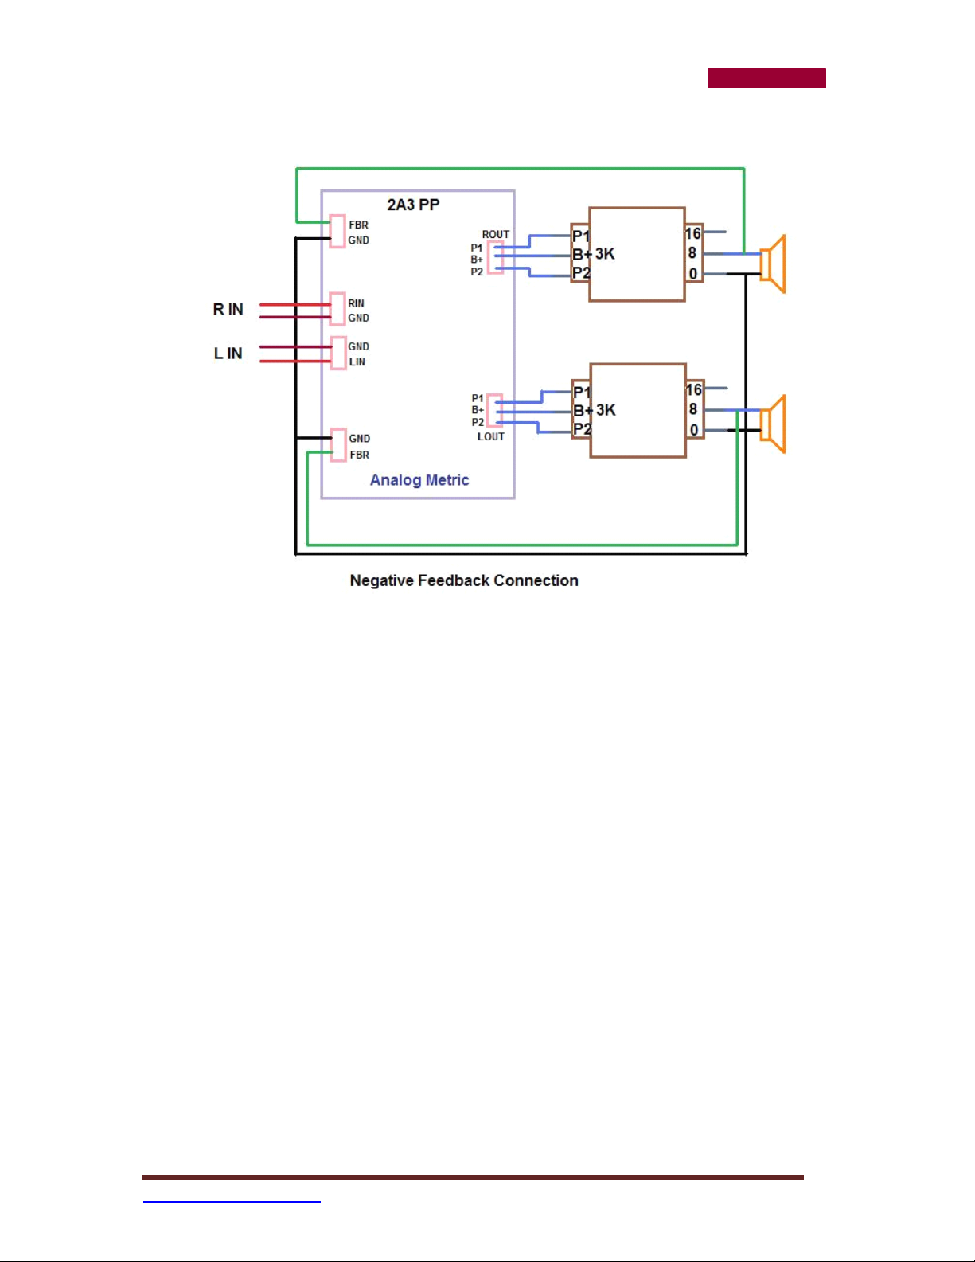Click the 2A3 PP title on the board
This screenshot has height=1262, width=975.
pos(413,205)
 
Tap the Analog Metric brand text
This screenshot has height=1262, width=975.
pos(419,479)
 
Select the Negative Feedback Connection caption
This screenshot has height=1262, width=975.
pos(464,580)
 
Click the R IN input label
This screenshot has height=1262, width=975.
pos(228,310)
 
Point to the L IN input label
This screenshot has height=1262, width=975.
pos(228,353)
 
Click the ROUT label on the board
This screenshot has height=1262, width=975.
pos(496,234)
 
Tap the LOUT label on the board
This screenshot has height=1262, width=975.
pos(491,437)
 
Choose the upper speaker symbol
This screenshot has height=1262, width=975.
pos(774,264)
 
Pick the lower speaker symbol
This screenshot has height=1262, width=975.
pos(774,424)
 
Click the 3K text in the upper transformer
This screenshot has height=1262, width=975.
pos(606,254)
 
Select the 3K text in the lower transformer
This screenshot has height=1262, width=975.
pos(606,410)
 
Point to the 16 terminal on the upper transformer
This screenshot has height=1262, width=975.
pos(693,233)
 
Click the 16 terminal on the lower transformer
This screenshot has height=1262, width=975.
pos(693,389)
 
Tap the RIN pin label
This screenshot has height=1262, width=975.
pos(357,303)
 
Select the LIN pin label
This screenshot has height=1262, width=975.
pos(357,361)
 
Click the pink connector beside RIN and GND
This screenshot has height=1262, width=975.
pos(337,309)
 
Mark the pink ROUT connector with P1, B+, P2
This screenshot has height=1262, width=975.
pos(495,257)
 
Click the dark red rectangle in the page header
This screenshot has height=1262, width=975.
pos(766,78)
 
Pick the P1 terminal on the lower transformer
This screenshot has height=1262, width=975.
pos(582,392)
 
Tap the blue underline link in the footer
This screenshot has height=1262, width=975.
pos(232,1201)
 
